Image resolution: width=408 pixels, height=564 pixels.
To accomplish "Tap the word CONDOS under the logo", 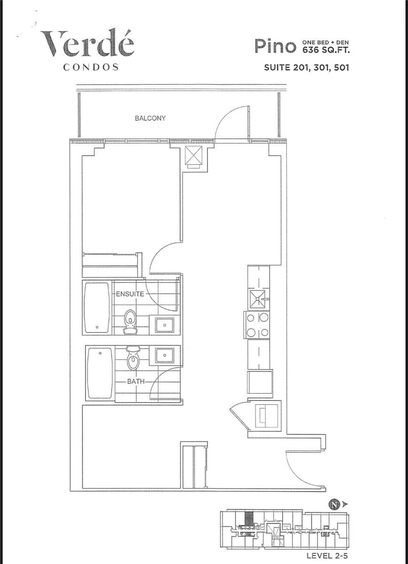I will (x=90, y=67).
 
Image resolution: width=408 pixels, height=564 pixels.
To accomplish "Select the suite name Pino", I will (x=274, y=46).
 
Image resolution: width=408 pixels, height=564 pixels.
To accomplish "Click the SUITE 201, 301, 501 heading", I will (x=306, y=67).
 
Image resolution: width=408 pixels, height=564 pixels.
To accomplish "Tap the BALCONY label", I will (x=150, y=118).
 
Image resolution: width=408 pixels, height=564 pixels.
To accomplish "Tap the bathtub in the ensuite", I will (x=98, y=307).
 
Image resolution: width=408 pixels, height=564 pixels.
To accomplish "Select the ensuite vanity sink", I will (x=164, y=325).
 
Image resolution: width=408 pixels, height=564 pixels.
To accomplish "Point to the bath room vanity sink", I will (x=164, y=355).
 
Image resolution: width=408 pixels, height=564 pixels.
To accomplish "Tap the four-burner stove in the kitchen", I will (x=257, y=325).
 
